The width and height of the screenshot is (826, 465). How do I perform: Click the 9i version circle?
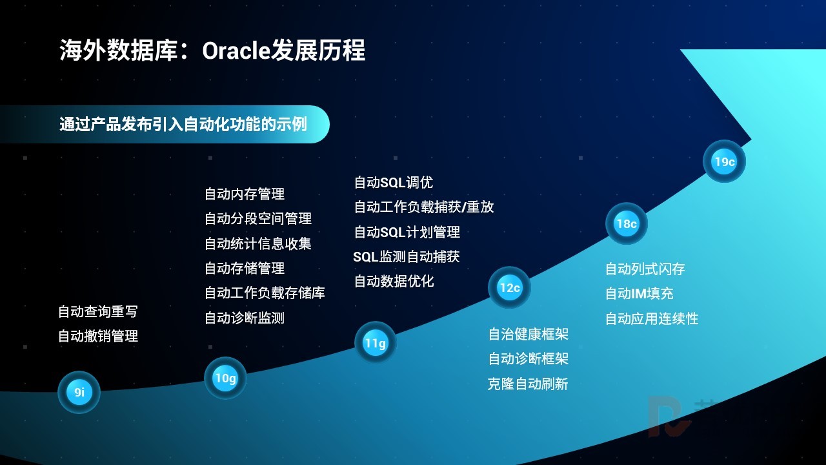click(79, 392)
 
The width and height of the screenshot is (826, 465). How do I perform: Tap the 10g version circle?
click(225, 378)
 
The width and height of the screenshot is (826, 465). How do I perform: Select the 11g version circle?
click(376, 343)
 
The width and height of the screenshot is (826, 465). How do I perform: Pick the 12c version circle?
click(510, 287)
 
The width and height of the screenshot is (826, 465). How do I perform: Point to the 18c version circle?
click(627, 223)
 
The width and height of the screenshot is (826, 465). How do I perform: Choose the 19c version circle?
click(724, 161)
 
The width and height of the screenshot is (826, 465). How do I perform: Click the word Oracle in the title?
click(236, 50)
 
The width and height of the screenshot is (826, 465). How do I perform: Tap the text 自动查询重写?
click(98, 311)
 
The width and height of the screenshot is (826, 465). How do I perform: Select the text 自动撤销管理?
click(98, 336)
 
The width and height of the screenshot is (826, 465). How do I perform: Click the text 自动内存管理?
click(245, 194)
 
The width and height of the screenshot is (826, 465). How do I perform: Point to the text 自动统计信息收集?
click(257, 243)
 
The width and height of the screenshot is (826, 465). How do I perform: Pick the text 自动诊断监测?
click(245, 318)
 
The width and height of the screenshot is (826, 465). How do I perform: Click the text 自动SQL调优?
click(394, 182)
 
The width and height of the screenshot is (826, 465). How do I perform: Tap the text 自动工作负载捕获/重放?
click(424, 207)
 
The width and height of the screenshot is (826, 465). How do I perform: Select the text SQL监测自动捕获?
click(407, 257)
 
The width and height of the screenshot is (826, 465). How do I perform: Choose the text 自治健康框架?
click(529, 335)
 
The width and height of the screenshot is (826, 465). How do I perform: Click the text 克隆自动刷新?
click(528, 384)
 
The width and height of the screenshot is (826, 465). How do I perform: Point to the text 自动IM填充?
click(640, 294)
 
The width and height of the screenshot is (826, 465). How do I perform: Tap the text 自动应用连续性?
click(652, 318)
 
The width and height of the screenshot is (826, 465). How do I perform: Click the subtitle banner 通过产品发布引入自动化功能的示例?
click(165, 125)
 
